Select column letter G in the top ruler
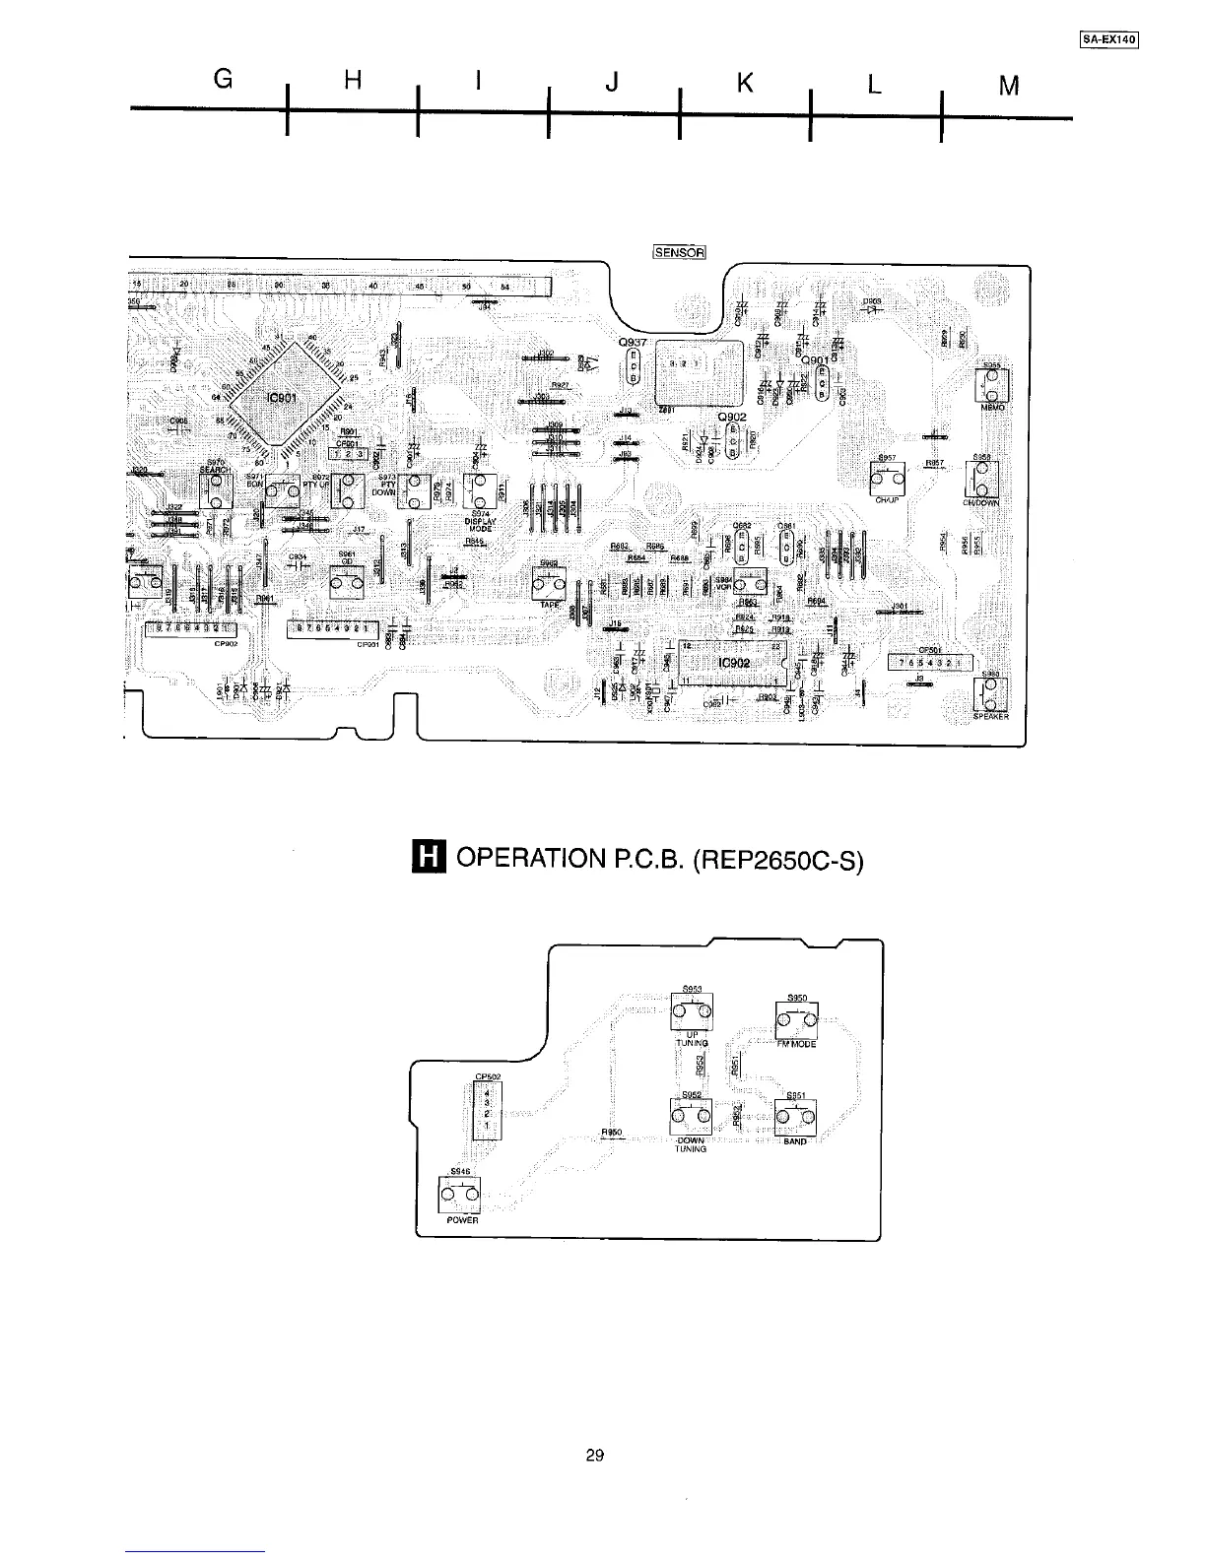[x=223, y=84]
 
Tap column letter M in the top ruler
[x=1007, y=87]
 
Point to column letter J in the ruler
[x=612, y=85]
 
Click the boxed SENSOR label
[x=680, y=252]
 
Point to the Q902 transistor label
[x=732, y=417]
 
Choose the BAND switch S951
[x=794, y=1117]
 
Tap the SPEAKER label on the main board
[x=990, y=716]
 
